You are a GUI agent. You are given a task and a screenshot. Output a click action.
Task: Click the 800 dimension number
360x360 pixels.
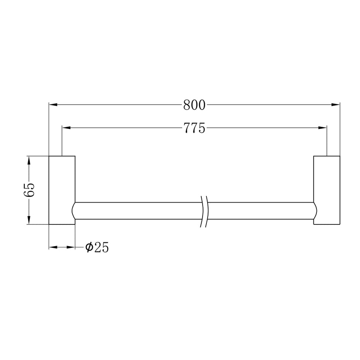click(x=194, y=105)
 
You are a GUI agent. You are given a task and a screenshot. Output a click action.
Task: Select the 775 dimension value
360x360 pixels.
click(x=194, y=128)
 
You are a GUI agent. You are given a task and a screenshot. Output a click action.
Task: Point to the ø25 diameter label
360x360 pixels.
click(x=97, y=247)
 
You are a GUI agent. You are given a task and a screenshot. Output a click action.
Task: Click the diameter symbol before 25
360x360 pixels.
click(x=89, y=247)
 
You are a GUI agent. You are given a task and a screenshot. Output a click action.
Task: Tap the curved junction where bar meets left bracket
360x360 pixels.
click(x=74, y=211)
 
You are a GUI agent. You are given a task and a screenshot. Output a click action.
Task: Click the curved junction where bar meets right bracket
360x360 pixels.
click(x=315, y=211)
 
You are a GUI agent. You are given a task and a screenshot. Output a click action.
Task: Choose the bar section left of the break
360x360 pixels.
click(x=138, y=211)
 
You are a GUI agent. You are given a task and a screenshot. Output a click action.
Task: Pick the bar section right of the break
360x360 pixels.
click(x=260, y=211)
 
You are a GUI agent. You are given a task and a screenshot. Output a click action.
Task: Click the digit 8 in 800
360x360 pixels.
click(x=187, y=105)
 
